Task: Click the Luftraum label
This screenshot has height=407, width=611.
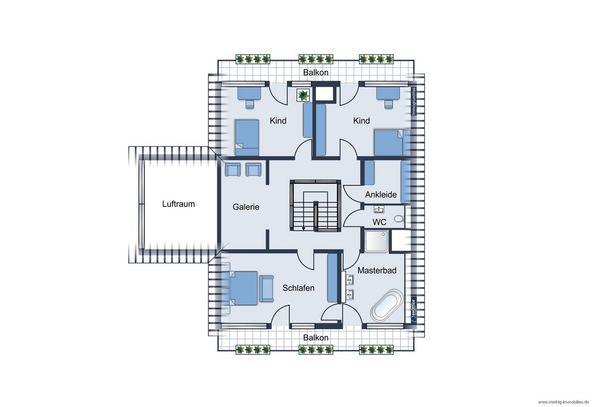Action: pyautogui.click(x=179, y=204)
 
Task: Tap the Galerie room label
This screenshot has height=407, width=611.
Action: pyautogui.click(x=246, y=207)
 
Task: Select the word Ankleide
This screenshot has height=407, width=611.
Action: pyautogui.click(x=381, y=195)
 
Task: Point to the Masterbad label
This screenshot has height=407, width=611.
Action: pyautogui.click(x=377, y=270)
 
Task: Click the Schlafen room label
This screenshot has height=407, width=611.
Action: pyautogui.click(x=298, y=288)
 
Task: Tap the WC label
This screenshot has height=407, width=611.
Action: pyautogui.click(x=379, y=222)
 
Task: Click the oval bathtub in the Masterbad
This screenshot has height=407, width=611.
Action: pyautogui.click(x=387, y=305)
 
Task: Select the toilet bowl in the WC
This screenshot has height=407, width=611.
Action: pyautogui.click(x=399, y=218)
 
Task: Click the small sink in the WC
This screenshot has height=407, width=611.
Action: pyautogui.click(x=379, y=209)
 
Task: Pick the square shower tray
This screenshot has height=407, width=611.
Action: pyautogui.click(x=377, y=241)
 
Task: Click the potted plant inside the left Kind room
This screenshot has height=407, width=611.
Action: pyautogui.click(x=303, y=95)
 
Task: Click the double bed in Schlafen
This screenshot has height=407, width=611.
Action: pyautogui.click(x=244, y=288)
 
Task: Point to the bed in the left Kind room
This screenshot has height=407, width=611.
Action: pyautogui.click(x=247, y=138)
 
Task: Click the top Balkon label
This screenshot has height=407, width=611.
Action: pyautogui.click(x=315, y=73)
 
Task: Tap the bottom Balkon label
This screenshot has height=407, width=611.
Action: pyautogui.click(x=315, y=338)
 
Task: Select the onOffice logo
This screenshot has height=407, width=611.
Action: pyautogui.click(x=414, y=311)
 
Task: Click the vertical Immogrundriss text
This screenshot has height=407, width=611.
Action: pyautogui.click(x=414, y=101)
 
